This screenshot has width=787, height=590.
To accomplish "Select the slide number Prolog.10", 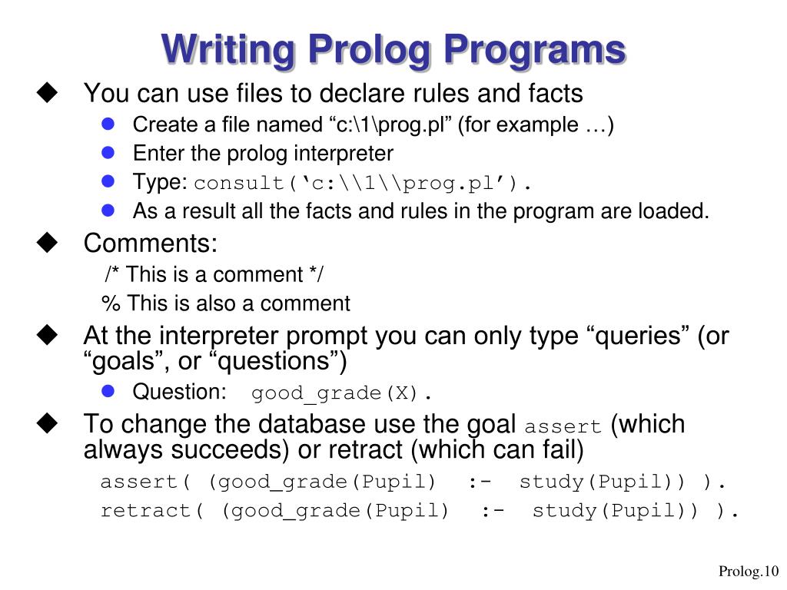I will pos(749,571).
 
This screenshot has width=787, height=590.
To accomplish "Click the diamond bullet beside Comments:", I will pos(47,244).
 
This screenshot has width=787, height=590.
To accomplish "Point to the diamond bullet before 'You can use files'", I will pos(47,93).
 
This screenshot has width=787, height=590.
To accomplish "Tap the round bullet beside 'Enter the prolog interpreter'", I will pos(108,153).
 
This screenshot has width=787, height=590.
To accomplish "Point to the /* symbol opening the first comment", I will pos(113,275).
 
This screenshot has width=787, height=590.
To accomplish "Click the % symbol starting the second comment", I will pos(111,304).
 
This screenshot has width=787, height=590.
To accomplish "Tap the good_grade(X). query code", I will pos(342,394).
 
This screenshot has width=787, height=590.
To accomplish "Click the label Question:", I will pos(180,392).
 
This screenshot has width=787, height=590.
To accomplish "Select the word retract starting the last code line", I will pos(146,512).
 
